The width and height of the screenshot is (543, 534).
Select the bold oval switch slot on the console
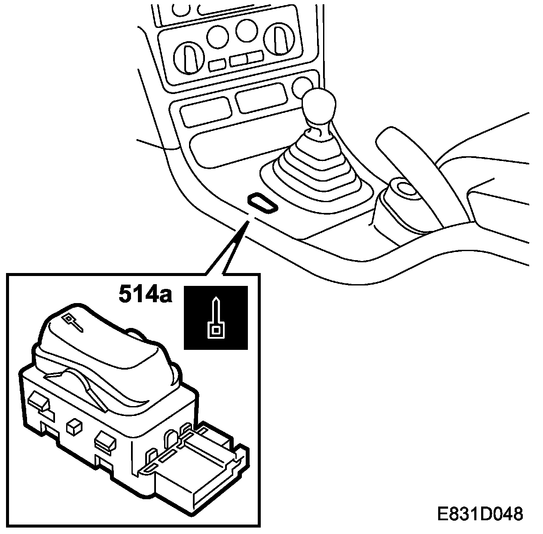pyautogui.click(x=262, y=202)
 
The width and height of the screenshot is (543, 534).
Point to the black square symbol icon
pyautogui.click(x=216, y=317)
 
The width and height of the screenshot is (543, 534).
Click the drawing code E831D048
pyautogui.click(x=480, y=513)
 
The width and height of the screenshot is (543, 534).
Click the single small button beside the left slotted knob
pyautogui.click(x=217, y=64)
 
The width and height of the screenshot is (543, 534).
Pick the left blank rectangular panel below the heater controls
pyautogui.click(x=205, y=110)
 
